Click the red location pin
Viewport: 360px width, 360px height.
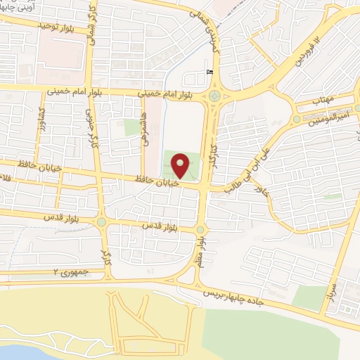click(x=181, y=166)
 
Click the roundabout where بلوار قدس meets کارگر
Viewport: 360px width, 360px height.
click(x=102, y=222)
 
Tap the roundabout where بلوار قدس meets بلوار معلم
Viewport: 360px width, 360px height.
click(x=200, y=229)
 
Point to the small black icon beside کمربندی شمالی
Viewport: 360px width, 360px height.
click(x=209, y=71)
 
